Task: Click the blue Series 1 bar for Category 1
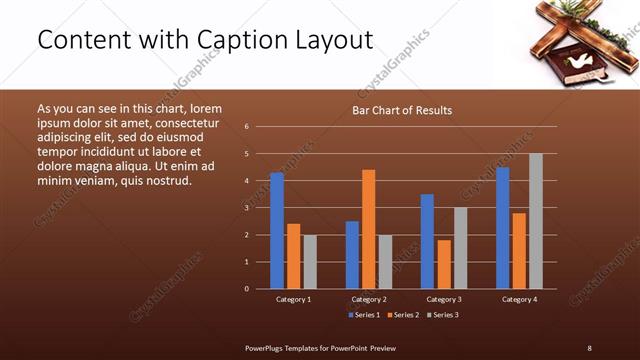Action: click(277, 231)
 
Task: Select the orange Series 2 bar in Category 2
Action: click(368, 229)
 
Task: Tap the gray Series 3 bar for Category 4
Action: click(536, 221)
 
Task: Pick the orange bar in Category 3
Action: click(443, 264)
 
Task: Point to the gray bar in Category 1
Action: click(310, 262)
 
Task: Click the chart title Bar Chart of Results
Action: click(402, 110)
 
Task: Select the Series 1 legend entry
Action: click(364, 315)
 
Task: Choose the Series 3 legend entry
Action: click(442, 315)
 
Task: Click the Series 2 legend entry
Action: click(403, 315)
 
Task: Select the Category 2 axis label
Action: click(369, 299)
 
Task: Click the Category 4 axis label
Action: click(519, 299)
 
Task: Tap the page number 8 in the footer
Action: click(589, 348)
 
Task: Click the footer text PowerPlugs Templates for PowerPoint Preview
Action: click(321, 348)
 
